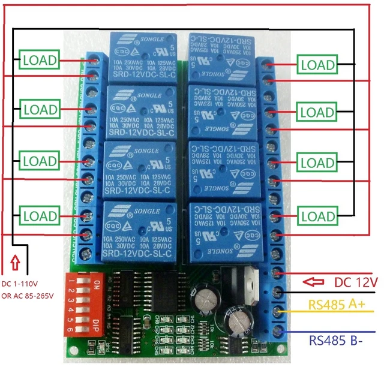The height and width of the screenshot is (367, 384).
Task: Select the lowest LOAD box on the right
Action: pos(319,216)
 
